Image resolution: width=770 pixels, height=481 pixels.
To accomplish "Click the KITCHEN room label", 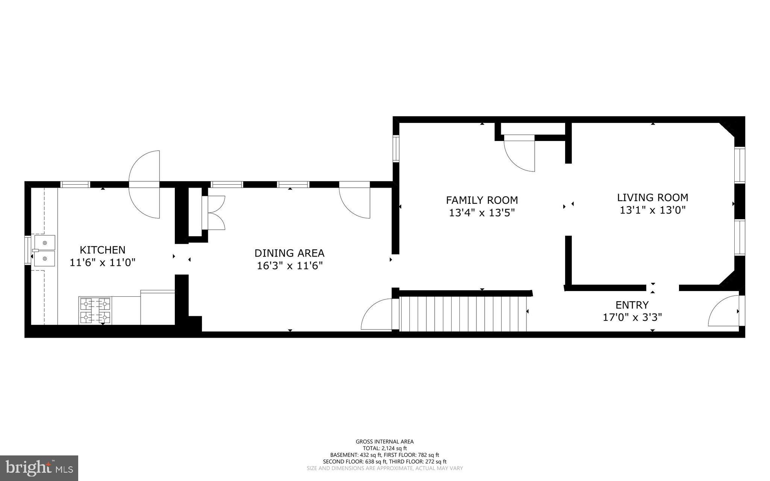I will [102, 250].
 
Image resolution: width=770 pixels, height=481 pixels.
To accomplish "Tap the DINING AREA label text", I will [289, 253].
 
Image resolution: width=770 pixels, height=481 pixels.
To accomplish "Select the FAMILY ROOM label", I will [482, 200].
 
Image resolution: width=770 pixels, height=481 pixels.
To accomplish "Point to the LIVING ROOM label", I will [652, 197].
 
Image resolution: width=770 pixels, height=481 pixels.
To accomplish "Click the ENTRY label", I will [632, 305].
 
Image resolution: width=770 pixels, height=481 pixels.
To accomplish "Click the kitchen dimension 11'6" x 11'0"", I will [102, 263].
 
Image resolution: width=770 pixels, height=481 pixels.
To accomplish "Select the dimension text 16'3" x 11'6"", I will [289, 266].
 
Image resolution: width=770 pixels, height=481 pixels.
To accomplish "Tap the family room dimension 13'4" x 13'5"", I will [482, 213].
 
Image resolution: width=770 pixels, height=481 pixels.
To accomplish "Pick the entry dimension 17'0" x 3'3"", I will [632, 317].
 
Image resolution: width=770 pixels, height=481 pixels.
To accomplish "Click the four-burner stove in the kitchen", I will [95, 310].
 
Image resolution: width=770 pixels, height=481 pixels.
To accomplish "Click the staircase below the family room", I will [462, 314].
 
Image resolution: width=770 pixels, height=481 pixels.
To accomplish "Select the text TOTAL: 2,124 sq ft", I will [384, 448].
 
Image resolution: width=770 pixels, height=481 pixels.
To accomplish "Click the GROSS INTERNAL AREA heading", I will [384, 442].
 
